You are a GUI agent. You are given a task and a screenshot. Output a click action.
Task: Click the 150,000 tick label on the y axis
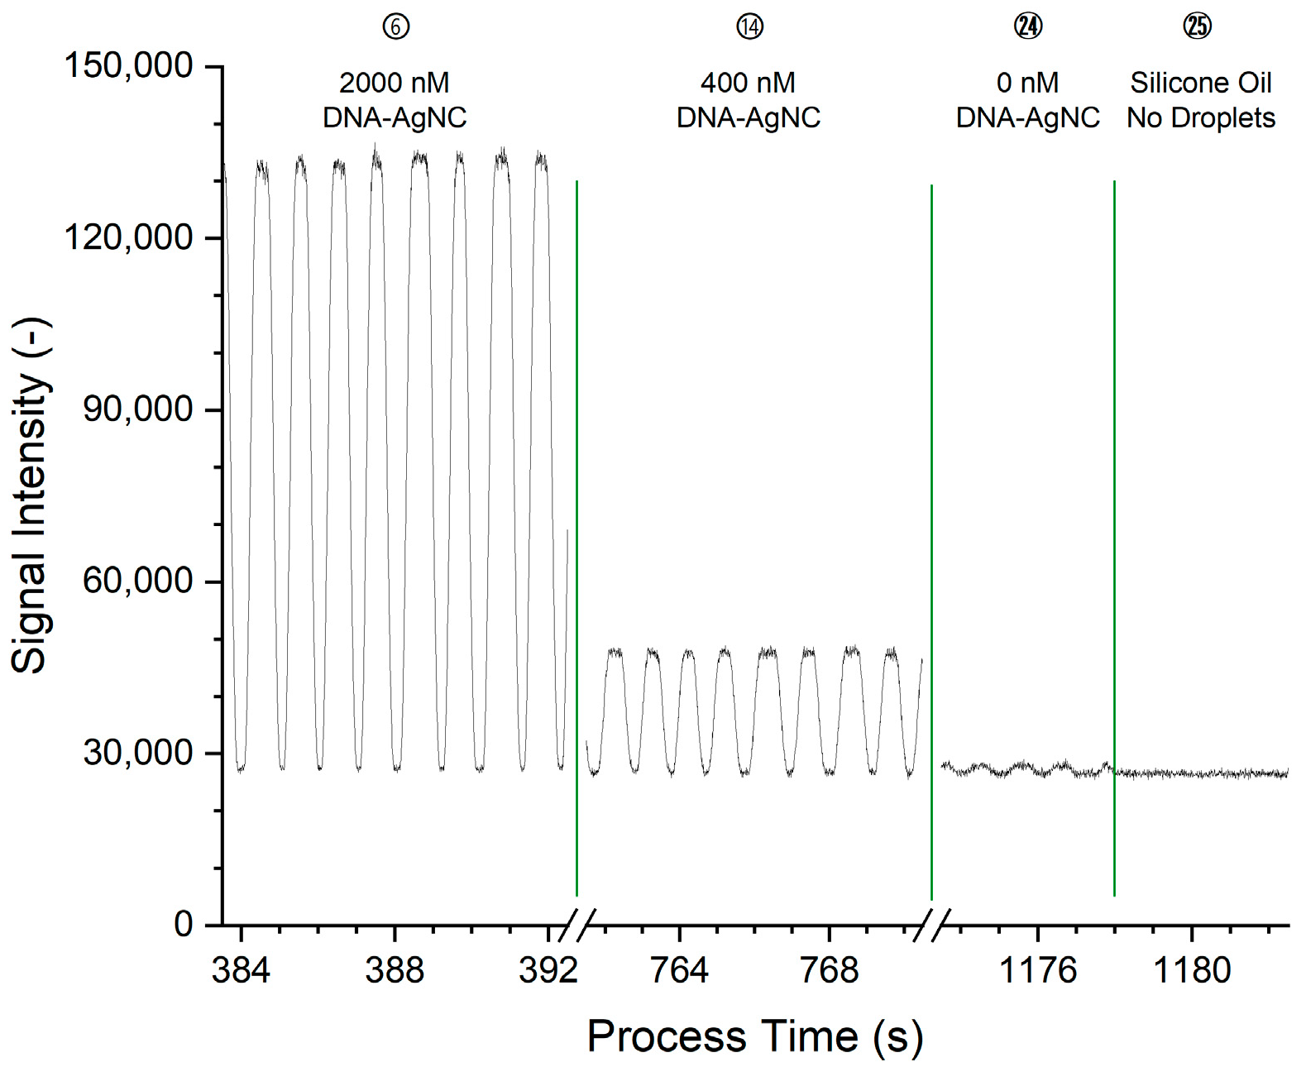point(128,66)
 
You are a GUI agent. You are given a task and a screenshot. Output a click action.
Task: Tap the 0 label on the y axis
point(183,924)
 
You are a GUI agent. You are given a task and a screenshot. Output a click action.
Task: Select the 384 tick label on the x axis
point(241,969)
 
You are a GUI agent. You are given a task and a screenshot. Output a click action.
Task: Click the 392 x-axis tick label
point(548,969)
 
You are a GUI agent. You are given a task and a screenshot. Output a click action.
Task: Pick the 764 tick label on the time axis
point(679,969)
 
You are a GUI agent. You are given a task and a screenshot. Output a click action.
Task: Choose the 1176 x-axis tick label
point(1038,969)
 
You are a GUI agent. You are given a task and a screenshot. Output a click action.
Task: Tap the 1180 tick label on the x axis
point(1192,969)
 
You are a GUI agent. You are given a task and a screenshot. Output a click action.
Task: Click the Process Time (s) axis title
point(754,1036)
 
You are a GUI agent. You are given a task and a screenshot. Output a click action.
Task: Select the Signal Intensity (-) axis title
point(30,496)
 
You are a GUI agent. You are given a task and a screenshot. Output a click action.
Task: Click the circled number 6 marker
point(395,27)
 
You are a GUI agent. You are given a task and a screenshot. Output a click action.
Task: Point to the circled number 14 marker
point(749,27)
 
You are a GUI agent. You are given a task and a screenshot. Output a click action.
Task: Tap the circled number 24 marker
point(1028,27)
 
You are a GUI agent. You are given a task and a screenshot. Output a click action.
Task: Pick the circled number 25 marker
point(1198,27)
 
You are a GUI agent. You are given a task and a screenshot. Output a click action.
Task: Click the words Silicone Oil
point(1201,83)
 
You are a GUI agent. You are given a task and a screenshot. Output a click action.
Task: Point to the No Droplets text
point(1201,118)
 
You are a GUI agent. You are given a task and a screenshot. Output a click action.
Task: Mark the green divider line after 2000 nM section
point(576,538)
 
